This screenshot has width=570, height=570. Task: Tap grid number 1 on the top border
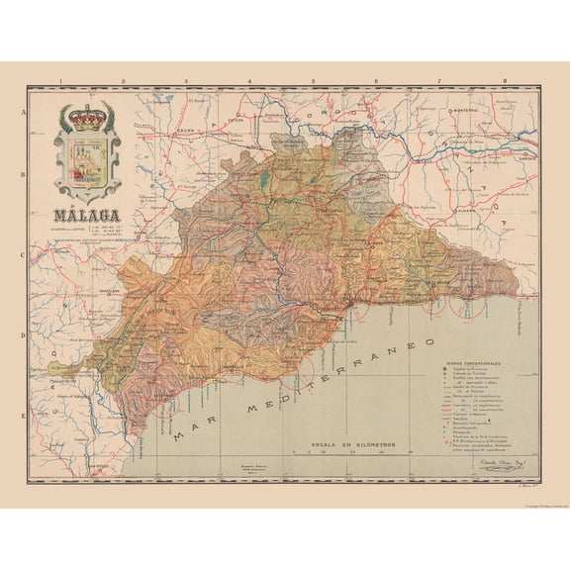click(61, 82)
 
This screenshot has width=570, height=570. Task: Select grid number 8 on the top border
click(504, 82)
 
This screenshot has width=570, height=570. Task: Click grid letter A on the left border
click(22, 115)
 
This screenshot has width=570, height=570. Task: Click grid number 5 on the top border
click(314, 82)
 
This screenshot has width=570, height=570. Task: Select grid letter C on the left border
click(22, 253)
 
